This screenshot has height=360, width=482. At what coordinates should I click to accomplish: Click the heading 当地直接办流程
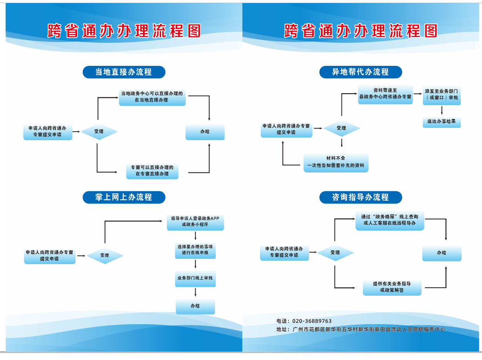(x=124, y=72)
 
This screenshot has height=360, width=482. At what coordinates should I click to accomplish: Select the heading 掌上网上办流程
(x=124, y=197)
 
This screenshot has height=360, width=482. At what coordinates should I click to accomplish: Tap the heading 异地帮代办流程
(x=360, y=72)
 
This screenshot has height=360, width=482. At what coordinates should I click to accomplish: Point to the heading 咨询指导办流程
(x=360, y=197)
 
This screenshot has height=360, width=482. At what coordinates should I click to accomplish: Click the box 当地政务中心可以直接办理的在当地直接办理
(x=152, y=97)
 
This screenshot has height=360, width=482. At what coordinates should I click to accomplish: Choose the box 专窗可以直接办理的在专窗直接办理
(x=152, y=171)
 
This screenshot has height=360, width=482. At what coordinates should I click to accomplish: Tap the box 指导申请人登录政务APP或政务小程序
(x=195, y=221)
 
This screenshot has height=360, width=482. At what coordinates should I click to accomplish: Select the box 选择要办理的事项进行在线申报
(x=195, y=250)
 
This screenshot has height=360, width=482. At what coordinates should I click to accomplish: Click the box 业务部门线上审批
(x=195, y=278)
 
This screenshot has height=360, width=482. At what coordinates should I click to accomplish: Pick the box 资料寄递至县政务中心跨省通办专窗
(x=385, y=94)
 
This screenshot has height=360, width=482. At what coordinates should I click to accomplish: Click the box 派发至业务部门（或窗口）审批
(x=442, y=95)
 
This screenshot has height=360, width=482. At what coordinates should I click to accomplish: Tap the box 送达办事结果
(x=442, y=121)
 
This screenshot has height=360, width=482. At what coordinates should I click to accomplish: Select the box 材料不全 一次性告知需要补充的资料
(x=336, y=162)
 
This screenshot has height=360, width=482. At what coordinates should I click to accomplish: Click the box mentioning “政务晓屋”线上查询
(x=390, y=220)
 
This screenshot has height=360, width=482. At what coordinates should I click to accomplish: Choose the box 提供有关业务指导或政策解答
(x=392, y=287)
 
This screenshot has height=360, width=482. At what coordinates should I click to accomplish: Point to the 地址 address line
(x=361, y=330)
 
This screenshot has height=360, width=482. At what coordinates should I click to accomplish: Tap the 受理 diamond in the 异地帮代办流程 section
(x=341, y=128)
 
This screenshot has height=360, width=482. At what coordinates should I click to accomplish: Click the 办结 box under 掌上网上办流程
(x=195, y=306)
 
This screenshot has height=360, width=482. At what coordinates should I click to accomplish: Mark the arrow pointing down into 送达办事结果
(x=442, y=111)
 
